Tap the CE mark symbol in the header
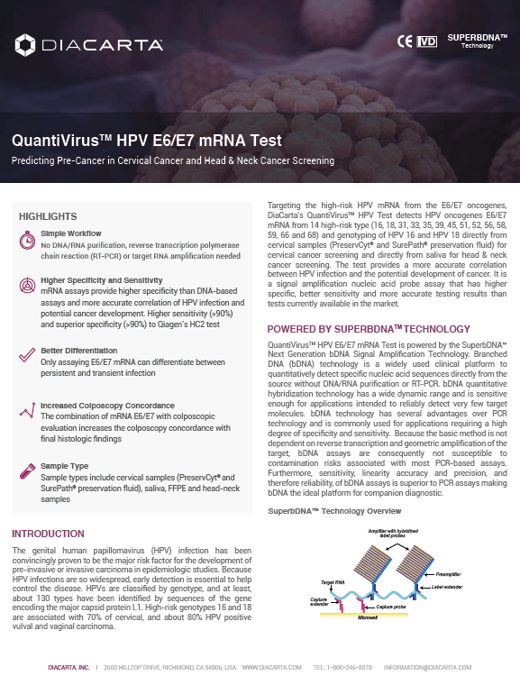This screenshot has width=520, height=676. coord(405,41)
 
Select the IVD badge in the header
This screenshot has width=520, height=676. coord(428,41)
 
